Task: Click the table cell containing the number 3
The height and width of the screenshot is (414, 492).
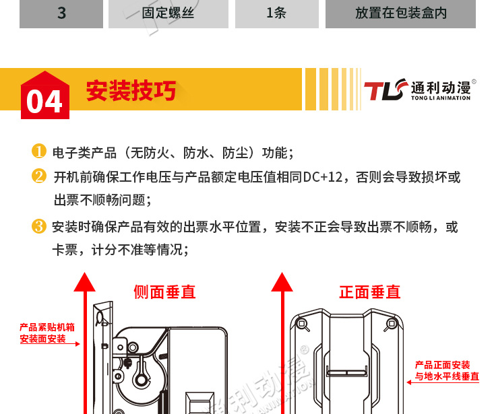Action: [x=61, y=13]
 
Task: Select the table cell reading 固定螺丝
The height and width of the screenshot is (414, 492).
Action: [x=168, y=13]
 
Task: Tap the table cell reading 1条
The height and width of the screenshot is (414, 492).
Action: [x=277, y=13]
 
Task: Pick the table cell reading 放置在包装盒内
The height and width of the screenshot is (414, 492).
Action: [x=400, y=13]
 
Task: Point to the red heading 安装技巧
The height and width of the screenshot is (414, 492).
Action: [x=131, y=90]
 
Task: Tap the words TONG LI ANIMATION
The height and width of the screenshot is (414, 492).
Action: [x=441, y=98]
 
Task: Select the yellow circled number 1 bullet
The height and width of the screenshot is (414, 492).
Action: [x=39, y=151]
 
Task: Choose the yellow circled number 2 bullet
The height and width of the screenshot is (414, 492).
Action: [x=39, y=176]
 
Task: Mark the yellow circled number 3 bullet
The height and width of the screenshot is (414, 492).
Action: [x=39, y=226]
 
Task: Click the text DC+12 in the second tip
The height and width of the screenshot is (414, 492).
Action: [x=323, y=178]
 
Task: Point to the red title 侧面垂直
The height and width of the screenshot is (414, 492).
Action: [x=164, y=292]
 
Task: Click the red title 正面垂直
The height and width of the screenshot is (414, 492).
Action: [x=370, y=292]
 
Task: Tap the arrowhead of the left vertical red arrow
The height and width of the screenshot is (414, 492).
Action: [x=84, y=282]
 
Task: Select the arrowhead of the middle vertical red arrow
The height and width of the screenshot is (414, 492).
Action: [x=282, y=282]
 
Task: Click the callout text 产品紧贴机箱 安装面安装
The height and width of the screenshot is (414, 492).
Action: [x=47, y=333]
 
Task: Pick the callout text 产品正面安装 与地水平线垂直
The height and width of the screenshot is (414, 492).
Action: [x=447, y=370]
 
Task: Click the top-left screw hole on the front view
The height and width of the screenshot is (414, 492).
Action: [x=302, y=323]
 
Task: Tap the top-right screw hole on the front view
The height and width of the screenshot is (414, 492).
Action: [x=392, y=323]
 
